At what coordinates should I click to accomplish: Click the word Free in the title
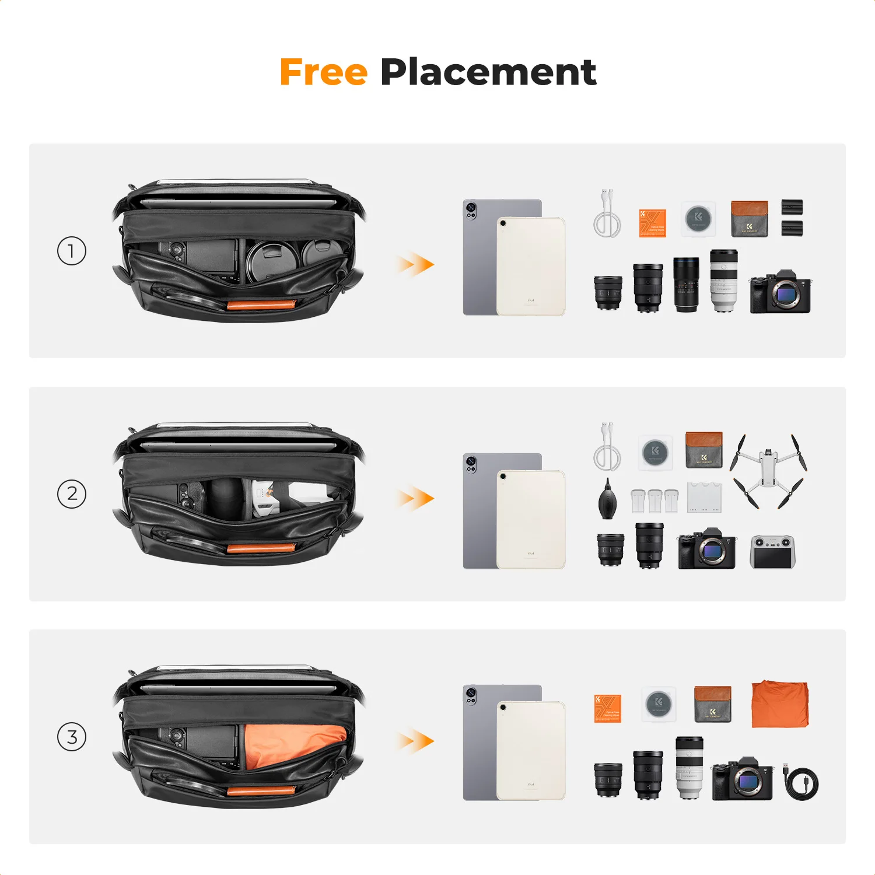pyautogui.click(x=323, y=72)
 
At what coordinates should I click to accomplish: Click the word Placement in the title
pyautogui.click(x=488, y=72)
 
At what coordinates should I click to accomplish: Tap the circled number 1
pyautogui.click(x=72, y=251)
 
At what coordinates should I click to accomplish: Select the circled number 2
pyautogui.click(x=72, y=494)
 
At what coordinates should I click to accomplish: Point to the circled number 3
pyautogui.click(x=72, y=737)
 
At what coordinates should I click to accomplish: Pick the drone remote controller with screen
pyautogui.click(x=772, y=551)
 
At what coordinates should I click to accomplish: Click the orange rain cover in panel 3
pyautogui.click(x=780, y=704)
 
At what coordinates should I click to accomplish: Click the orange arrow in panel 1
pyautogui.click(x=415, y=264)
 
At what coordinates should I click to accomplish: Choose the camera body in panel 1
pyautogui.click(x=780, y=292)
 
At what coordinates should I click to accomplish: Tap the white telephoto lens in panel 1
pyautogui.click(x=724, y=281)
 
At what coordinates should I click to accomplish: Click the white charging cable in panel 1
pyautogui.click(x=607, y=214)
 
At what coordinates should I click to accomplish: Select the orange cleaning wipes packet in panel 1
pyautogui.click(x=653, y=223)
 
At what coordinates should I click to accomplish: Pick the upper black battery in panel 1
pyautogui.click(x=792, y=206)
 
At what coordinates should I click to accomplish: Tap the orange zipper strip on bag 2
pyautogui.click(x=261, y=548)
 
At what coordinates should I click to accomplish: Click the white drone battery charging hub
pyautogui.click(x=704, y=497)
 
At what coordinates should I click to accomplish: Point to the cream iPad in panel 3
pyautogui.click(x=531, y=751)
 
